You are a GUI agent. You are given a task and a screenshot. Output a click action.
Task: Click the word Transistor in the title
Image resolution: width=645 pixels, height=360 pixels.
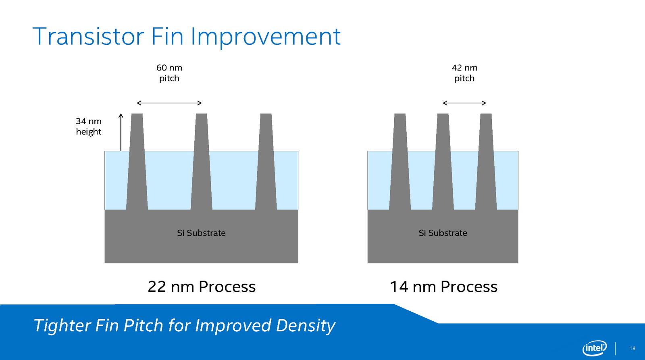click(88, 37)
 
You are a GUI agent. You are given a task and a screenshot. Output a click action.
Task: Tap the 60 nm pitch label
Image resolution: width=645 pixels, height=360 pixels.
click(169, 73)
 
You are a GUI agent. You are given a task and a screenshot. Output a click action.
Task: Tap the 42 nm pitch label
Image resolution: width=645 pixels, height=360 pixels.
click(464, 73)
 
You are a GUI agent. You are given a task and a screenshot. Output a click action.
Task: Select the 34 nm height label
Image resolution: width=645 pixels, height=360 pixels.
click(89, 127)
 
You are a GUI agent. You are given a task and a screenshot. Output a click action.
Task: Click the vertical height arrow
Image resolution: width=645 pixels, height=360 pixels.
click(121, 132)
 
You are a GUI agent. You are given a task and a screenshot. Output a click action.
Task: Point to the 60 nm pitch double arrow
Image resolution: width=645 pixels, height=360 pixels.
click(169, 103)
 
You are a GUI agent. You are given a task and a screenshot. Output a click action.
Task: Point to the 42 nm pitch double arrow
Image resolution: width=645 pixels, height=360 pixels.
click(464, 103)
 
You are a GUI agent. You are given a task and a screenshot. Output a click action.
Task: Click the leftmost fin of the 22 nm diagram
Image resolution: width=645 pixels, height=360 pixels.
click(137, 162)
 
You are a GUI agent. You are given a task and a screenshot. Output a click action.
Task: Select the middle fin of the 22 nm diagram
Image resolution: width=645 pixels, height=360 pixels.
click(201, 162)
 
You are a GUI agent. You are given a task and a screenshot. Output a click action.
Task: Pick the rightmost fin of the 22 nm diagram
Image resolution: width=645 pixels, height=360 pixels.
click(266, 162)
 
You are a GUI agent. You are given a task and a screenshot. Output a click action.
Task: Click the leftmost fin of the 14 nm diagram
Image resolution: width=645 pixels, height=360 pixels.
click(400, 162)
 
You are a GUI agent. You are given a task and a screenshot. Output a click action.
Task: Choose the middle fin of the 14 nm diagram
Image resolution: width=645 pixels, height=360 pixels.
click(443, 162)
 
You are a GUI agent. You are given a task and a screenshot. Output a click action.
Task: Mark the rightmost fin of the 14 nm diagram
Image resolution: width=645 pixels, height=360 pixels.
click(486, 162)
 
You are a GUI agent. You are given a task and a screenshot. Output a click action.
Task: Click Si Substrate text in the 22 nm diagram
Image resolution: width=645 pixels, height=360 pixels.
click(201, 233)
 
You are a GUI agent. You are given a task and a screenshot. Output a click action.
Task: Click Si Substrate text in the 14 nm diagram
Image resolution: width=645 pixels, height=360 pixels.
click(443, 233)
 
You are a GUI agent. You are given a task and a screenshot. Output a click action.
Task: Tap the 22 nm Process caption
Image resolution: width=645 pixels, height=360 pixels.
click(202, 287)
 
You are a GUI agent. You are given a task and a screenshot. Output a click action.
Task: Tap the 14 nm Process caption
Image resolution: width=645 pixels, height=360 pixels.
click(443, 287)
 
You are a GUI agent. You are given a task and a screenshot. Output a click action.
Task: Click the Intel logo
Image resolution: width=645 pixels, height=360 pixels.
click(595, 348)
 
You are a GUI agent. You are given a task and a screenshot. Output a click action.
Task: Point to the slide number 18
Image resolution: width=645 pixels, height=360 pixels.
click(633, 348)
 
